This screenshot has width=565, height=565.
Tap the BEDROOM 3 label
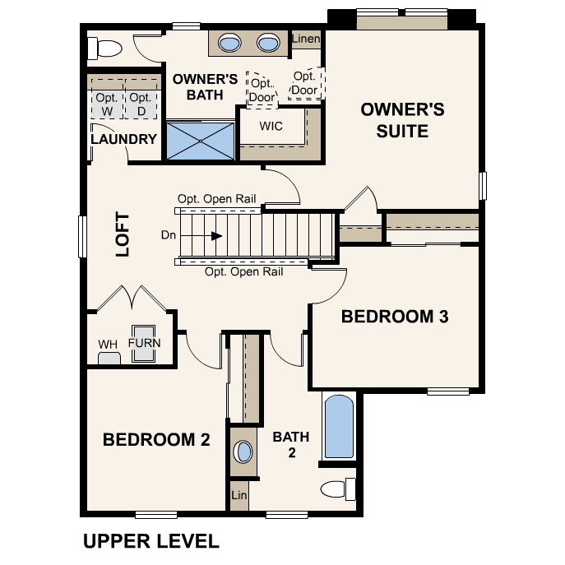394,317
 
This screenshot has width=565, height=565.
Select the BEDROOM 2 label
156,440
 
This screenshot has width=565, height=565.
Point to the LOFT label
123,235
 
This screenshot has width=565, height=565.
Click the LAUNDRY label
123,139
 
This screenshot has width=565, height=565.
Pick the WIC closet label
271,127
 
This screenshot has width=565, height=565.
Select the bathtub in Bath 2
338,428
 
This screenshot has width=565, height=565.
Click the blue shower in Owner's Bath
201,141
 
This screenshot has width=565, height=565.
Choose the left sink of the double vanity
230,43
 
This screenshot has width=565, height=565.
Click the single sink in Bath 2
244,452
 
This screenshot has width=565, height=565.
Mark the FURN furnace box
144,340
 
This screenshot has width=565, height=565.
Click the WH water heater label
108,344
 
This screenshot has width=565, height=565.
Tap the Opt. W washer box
106,104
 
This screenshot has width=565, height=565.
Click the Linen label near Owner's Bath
306,39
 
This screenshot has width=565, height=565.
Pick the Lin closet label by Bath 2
239,496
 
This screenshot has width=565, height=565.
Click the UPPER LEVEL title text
151,541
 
